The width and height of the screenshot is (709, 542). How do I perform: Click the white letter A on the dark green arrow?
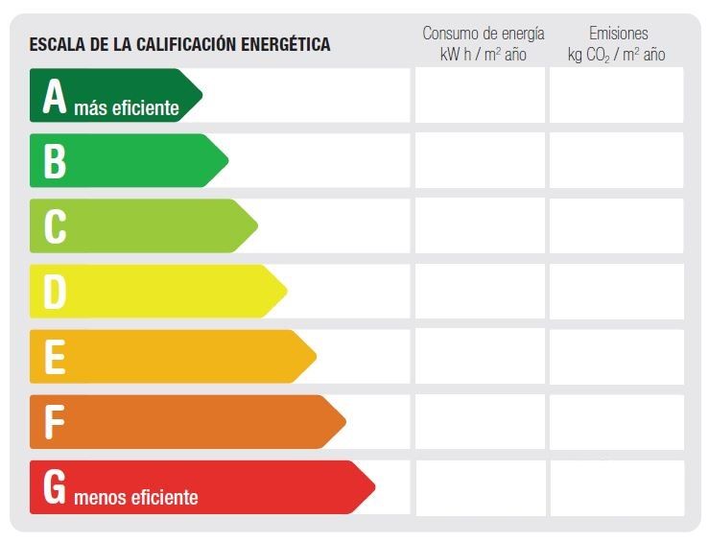(55, 96)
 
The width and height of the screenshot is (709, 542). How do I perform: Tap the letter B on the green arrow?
(55, 161)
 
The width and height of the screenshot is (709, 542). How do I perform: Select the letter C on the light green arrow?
(55, 226)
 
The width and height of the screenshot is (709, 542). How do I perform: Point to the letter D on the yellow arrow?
(55, 292)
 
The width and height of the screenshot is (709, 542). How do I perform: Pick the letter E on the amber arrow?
(55, 357)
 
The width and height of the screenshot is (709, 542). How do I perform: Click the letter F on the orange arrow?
(55, 422)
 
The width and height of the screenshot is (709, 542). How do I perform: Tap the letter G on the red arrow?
(55, 487)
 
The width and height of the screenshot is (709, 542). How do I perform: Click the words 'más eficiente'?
(127, 108)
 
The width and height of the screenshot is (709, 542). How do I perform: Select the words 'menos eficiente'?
(136, 497)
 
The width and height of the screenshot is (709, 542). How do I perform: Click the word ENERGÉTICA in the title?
(286, 44)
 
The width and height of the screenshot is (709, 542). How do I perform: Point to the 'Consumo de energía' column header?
(484, 34)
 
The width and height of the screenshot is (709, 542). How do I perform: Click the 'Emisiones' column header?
(618, 33)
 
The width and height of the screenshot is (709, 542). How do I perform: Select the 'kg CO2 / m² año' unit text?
(616, 55)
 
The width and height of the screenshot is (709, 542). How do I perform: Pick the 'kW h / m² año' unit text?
(483, 55)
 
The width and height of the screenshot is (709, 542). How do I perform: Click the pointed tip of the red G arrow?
(375, 487)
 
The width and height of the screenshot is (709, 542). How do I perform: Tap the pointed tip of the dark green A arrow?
(202, 95)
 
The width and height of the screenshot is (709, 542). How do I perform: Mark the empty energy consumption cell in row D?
(481, 292)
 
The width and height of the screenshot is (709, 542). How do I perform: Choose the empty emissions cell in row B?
(616, 160)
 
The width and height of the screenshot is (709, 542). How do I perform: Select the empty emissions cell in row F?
(617, 422)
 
